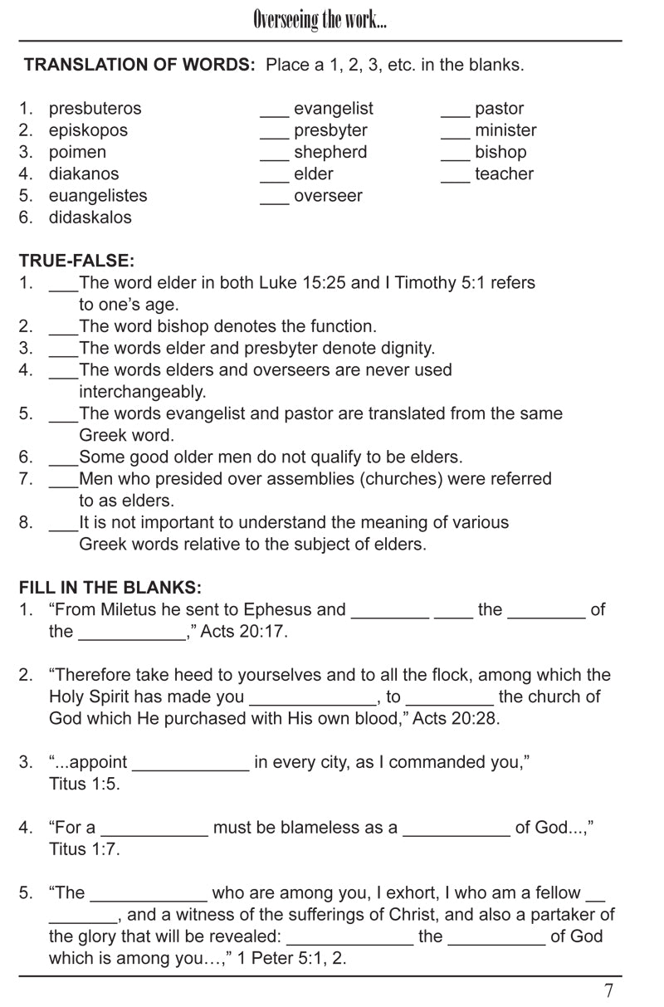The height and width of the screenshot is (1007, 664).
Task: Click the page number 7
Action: click(609, 990)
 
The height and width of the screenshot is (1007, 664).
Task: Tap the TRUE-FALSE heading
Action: click(76, 261)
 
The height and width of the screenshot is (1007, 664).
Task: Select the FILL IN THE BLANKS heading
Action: click(110, 588)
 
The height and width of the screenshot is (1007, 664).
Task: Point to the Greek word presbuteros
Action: click(95, 109)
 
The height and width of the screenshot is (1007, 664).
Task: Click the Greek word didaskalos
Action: click(90, 218)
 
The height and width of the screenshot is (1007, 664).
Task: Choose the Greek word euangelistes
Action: click(98, 196)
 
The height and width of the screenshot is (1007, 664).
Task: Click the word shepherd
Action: click(330, 152)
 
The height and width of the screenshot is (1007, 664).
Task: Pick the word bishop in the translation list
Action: click(500, 152)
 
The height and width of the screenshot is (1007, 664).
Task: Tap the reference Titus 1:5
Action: click(85, 784)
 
